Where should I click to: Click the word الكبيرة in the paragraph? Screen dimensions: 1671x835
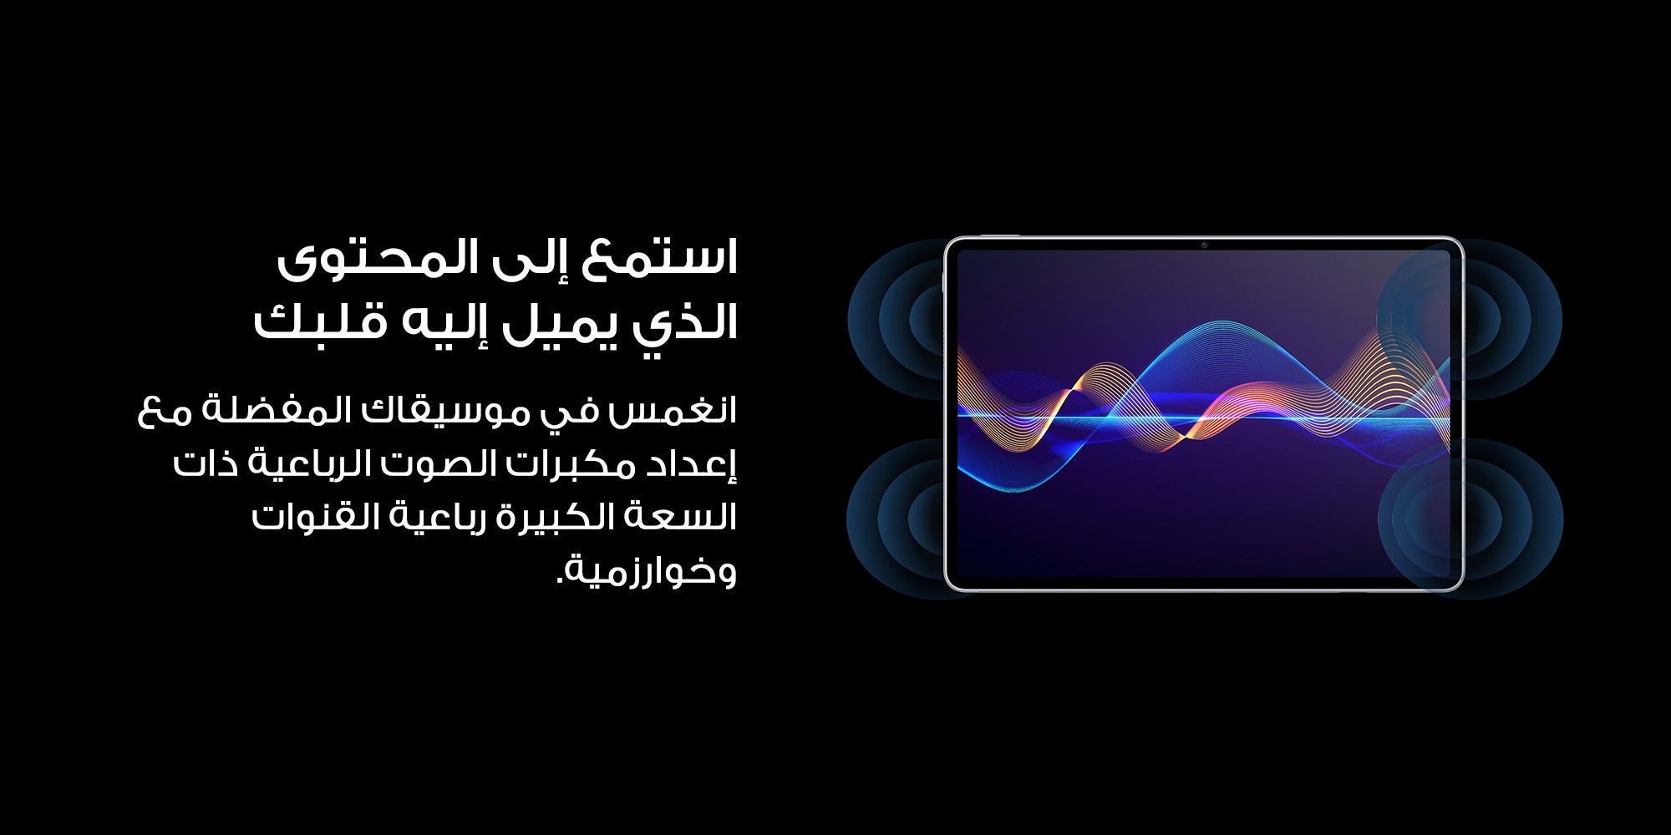point(555,517)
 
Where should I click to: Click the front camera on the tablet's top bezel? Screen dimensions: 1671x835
point(1204,245)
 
